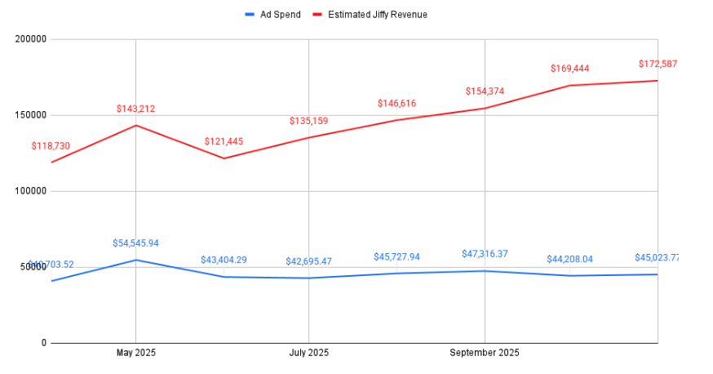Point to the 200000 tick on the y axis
[x=30, y=39]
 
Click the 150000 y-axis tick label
[x=30, y=115]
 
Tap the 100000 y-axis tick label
[x=30, y=191]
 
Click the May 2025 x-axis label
[x=135, y=353]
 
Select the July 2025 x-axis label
[x=308, y=353]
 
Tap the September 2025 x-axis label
[x=485, y=353]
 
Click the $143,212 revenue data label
[x=135, y=109]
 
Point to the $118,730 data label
[x=51, y=146]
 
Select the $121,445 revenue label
[x=224, y=141]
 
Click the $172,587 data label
[x=658, y=64]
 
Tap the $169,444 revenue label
[x=569, y=69]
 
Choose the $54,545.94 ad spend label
[x=135, y=243]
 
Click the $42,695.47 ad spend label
[x=308, y=261]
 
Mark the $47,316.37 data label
[x=485, y=254]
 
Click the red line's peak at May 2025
[x=135, y=125]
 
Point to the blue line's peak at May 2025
[x=135, y=260]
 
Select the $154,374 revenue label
[x=485, y=91]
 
